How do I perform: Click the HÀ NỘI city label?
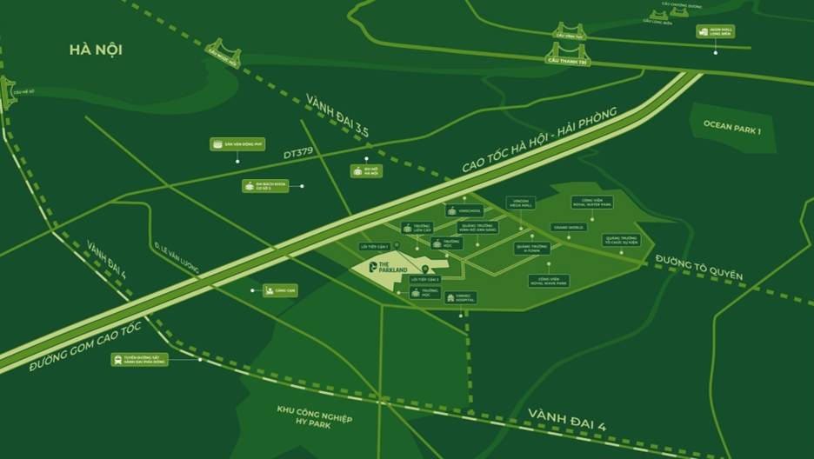96,50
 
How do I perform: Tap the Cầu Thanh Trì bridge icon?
567,54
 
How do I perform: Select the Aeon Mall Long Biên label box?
715,31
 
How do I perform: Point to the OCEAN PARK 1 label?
732,126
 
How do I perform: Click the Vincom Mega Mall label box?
521,203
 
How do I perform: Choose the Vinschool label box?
464,210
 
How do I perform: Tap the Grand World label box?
569,227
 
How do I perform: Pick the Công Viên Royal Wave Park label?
549,281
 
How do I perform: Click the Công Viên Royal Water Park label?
591,203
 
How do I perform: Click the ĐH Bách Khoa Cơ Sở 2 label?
264,186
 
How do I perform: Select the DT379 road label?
297,153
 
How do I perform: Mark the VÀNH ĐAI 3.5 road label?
337,116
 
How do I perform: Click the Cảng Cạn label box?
280,290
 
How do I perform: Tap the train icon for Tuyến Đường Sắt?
117,359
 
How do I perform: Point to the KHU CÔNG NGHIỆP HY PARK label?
315,415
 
